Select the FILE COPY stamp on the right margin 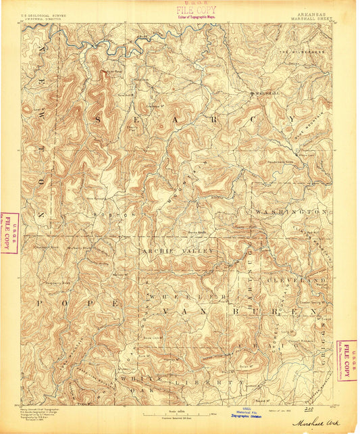tap(347, 360)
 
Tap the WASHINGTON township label tap(292, 212)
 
